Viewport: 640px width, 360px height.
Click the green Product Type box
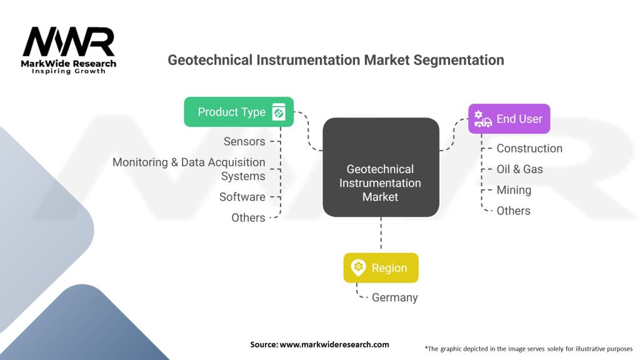click(238, 112)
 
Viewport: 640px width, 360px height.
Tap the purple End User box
click(509, 119)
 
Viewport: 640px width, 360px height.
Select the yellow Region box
click(381, 268)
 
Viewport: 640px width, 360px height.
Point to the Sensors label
click(244, 141)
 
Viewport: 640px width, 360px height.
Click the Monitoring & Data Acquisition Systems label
click(189, 169)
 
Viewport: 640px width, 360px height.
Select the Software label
click(242, 197)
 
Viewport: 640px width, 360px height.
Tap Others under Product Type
click(248, 217)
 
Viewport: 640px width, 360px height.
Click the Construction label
click(529, 148)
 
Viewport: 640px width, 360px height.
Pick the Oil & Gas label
click(519, 169)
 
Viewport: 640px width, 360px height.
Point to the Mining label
click(514, 190)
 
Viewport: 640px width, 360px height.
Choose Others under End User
click(513, 211)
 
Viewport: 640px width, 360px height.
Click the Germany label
click(394, 297)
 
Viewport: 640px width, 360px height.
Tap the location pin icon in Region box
click(358, 267)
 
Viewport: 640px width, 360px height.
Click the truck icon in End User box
click(482, 119)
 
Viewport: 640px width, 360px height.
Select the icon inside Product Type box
click(279, 112)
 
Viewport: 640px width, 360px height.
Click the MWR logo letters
click(69, 42)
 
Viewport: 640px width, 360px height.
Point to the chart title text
click(336, 61)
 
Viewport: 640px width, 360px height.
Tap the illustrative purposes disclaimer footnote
click(528, 348)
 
